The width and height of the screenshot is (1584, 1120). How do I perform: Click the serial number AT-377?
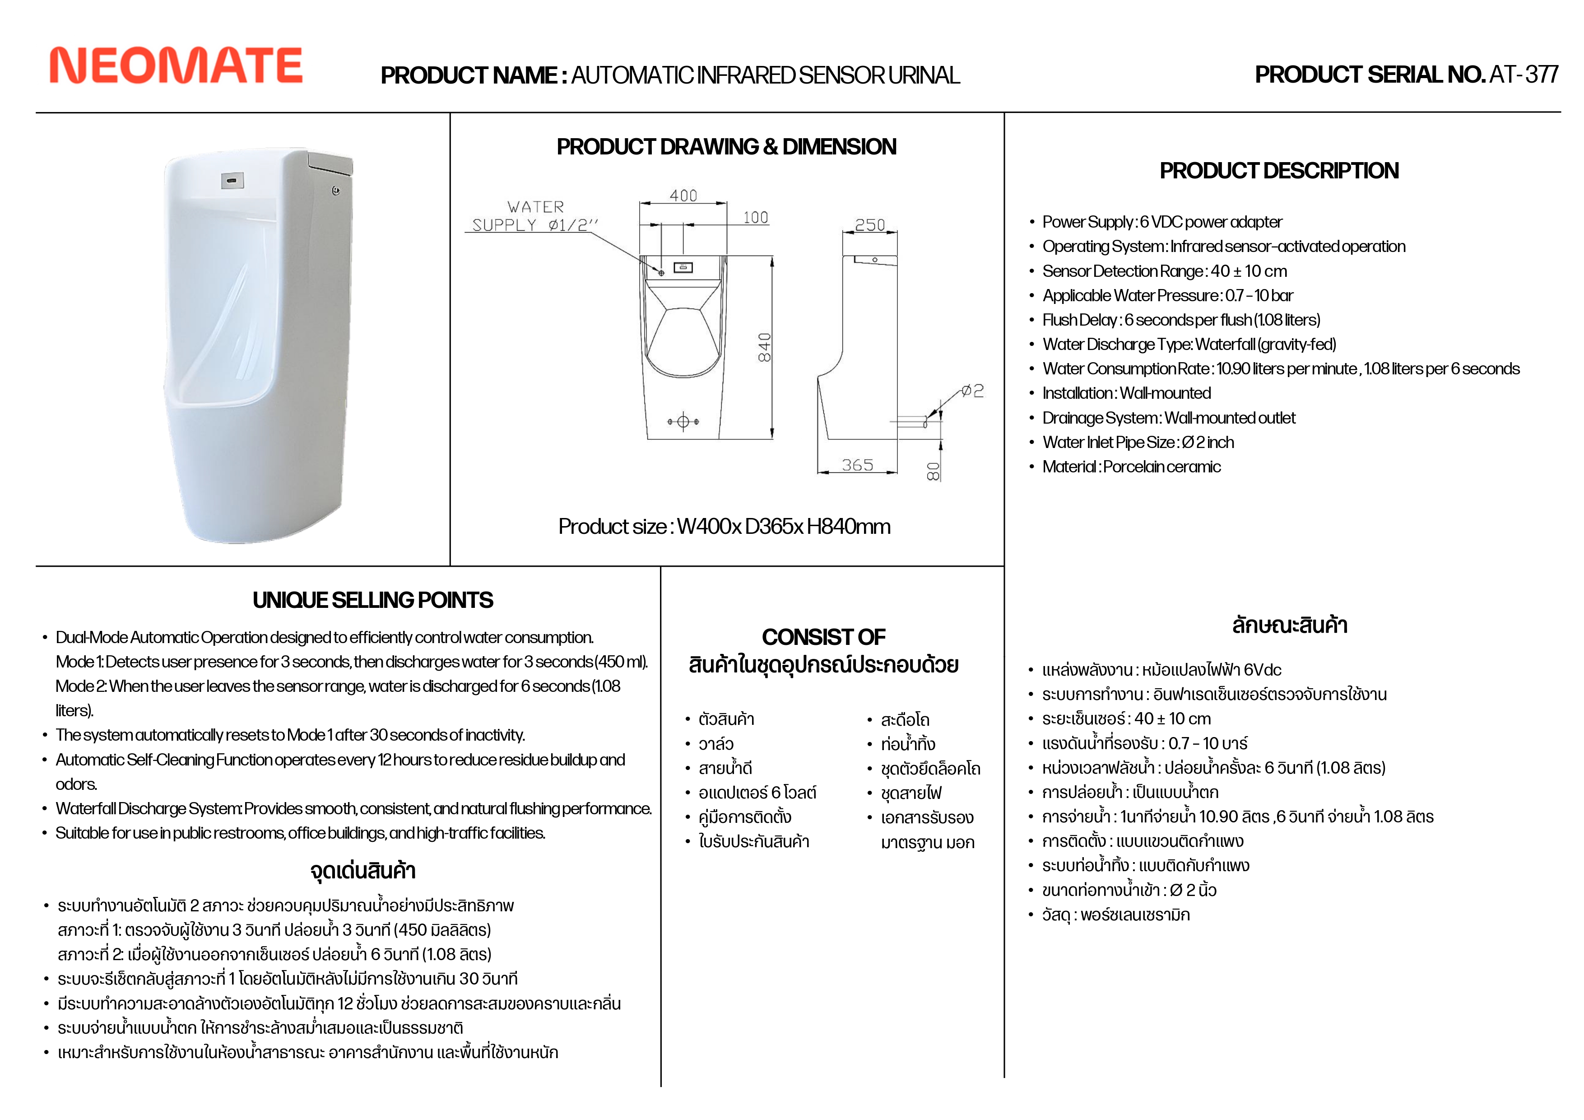pos(1524,75)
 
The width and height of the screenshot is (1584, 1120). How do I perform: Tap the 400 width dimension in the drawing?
pos(683,196)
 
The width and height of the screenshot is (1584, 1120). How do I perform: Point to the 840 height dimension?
pos(764,347)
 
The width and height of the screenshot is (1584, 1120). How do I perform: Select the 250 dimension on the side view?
pos(869,225)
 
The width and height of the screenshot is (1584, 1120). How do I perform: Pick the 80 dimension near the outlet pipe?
pos(933,471)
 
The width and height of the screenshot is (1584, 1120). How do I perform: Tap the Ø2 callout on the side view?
pos(973,391)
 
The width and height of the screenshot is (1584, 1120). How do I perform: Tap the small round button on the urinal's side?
pos(336,191)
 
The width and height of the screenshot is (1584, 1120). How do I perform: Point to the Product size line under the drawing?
pos(725,527)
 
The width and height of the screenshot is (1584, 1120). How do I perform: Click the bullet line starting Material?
pos(1131,467)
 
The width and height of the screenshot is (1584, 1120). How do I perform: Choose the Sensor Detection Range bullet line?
pos(1165,271)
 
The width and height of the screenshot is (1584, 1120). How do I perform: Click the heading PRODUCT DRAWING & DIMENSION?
pos(726,146)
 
